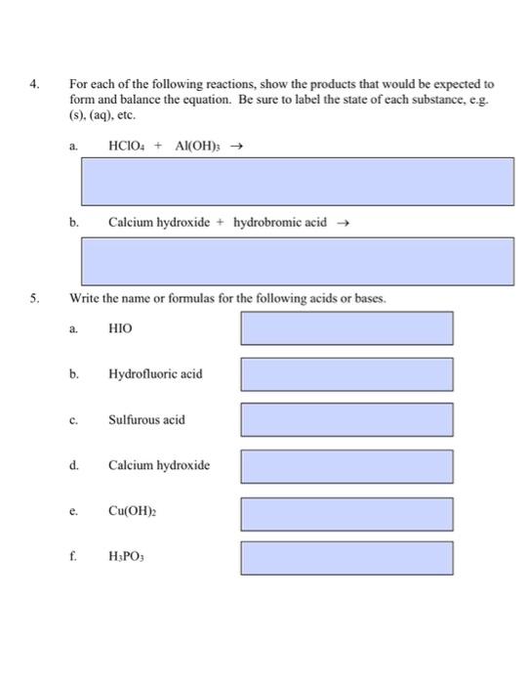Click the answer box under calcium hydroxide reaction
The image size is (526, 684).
click(298, 261)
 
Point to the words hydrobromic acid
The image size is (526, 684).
click(280, 222)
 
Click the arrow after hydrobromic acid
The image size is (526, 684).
click(342, 222)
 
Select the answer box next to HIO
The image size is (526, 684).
click(346, 328)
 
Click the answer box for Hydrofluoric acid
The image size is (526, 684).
click(346, 374)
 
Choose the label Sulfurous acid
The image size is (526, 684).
click(146, 419)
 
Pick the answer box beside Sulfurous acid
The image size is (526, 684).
click(346, 419)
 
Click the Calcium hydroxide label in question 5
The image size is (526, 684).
click(159, 465)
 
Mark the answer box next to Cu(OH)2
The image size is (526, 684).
click(346, 512)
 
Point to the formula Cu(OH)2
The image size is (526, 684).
click(132, 511)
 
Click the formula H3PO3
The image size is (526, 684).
click(127, 558)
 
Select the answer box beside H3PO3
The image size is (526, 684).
click(346, 558)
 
